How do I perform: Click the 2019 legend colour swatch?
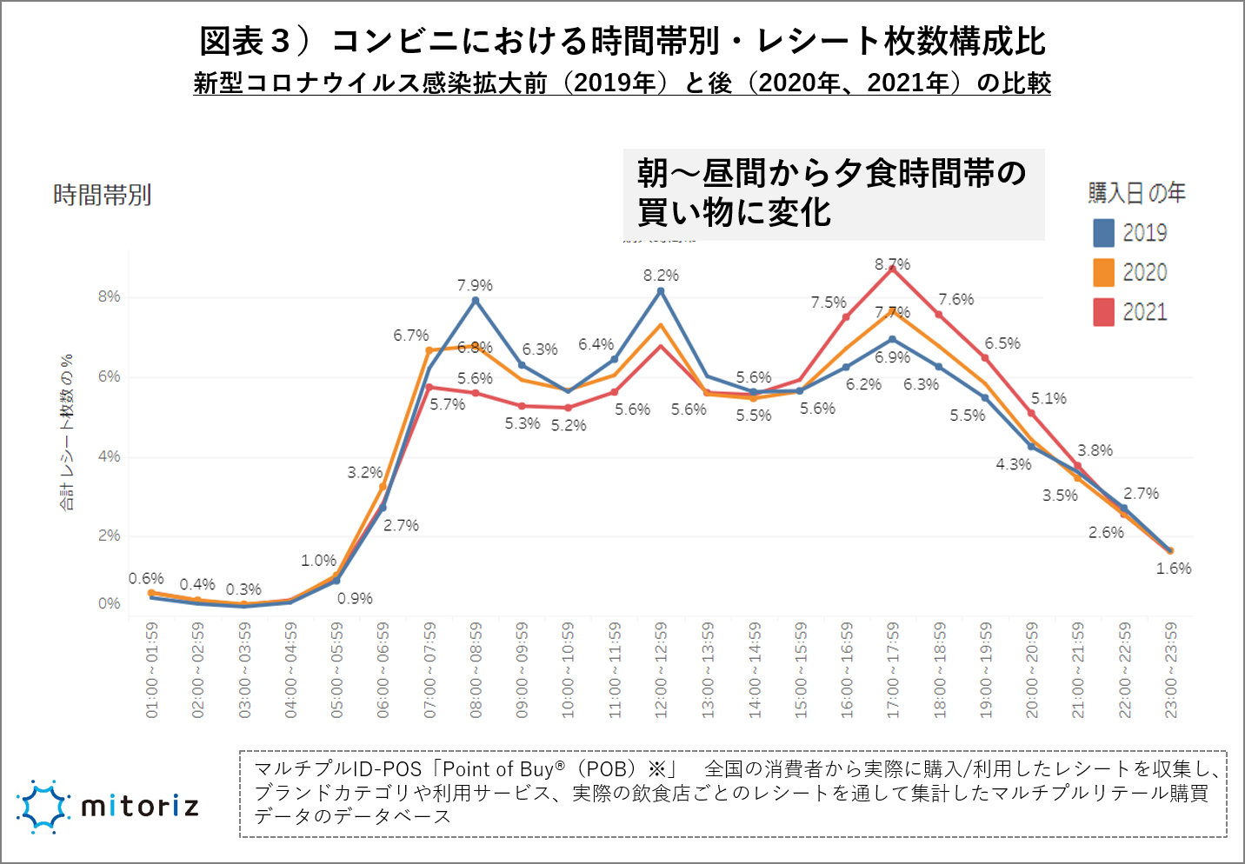[x=1103, y=233]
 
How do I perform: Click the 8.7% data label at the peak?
[x=892, y=264]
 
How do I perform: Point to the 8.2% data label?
[x=661, y=276]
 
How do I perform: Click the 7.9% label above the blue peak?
[x=475, y=286]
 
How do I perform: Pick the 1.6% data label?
[x=1174, y=568]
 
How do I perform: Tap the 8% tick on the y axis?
[x=109, y=296]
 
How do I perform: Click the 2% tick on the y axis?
[x=109, y=535]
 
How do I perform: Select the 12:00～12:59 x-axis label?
[x=661, y=669]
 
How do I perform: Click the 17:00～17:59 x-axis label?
[x=893, y=669]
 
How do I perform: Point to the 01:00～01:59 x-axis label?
[x=152, y=669]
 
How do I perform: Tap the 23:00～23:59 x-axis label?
[x=1171, y=669]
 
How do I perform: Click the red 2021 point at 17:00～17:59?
[x=892, y=269]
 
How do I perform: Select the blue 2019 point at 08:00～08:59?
[x=476, y=301]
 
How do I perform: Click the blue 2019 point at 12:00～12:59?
[x=661, y=291]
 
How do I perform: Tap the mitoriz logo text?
[x=140, y=807]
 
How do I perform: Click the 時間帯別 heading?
[x=103, y=196]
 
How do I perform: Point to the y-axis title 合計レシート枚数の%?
[x=67, y=432]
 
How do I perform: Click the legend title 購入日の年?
[x=1136, y=193]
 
